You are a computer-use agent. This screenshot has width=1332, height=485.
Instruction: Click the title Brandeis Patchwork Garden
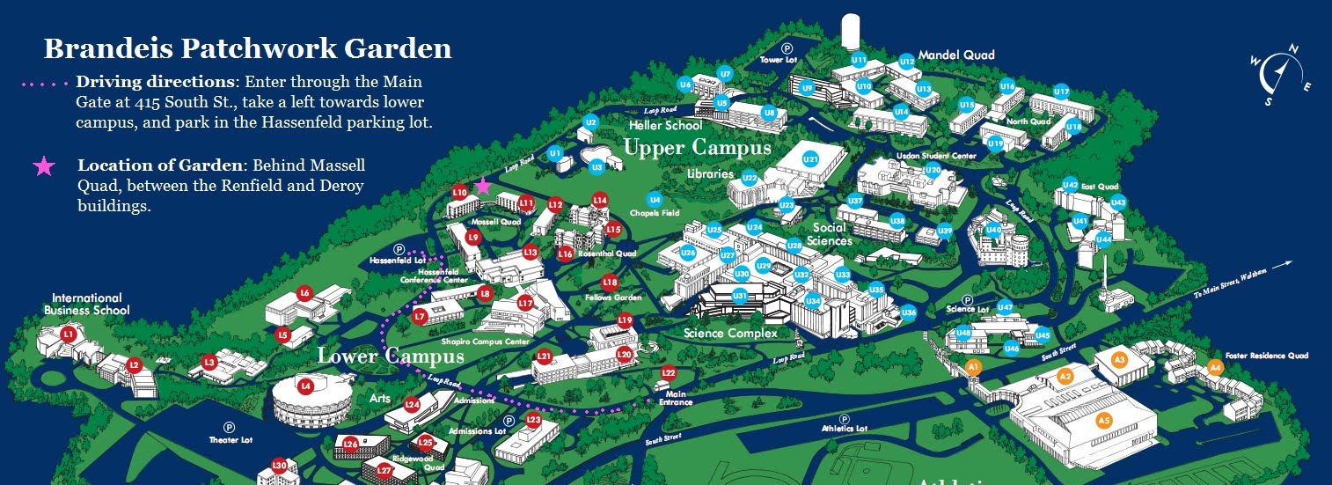pos(247,48)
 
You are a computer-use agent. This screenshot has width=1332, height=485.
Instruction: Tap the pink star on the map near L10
pos(482,186)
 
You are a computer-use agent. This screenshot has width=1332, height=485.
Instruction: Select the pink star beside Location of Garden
pos(43,166)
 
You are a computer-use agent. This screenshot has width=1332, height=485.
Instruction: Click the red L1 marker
pos(70,334)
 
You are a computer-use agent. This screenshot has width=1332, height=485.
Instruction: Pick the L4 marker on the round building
pos(305,386)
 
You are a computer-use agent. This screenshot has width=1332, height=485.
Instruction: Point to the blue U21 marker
pos(810,159)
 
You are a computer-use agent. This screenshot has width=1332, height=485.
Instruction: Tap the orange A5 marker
pos(1104,421)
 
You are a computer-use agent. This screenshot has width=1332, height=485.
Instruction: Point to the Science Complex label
pos(730,334)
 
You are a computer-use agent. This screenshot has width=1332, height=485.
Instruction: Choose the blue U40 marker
pos(993,231)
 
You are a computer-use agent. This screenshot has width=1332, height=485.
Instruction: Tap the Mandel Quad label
pos(956,55)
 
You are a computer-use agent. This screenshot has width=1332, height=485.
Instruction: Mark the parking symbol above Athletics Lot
pos(844,419)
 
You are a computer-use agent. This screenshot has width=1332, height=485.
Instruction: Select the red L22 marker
pos(669,373)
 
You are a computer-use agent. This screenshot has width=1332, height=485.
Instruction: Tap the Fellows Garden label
pos(612,298)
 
